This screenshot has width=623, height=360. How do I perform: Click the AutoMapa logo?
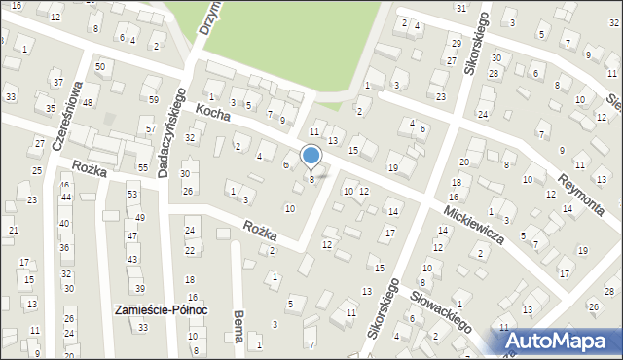tap(559, 341)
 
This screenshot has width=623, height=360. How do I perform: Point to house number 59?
tap(154, 100)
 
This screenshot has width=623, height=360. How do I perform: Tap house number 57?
tap(150, 129)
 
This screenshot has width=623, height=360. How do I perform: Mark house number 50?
tap(100, 66)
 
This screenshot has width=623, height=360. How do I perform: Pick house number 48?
tap(87, 103)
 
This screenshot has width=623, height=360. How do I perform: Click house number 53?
tap(132, 196)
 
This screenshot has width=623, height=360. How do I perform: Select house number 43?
tap(131, 260)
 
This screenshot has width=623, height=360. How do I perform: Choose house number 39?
tap(139, 289)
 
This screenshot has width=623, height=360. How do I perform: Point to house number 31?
tap(460, 8)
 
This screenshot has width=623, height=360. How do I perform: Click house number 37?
tap(58, 83)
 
